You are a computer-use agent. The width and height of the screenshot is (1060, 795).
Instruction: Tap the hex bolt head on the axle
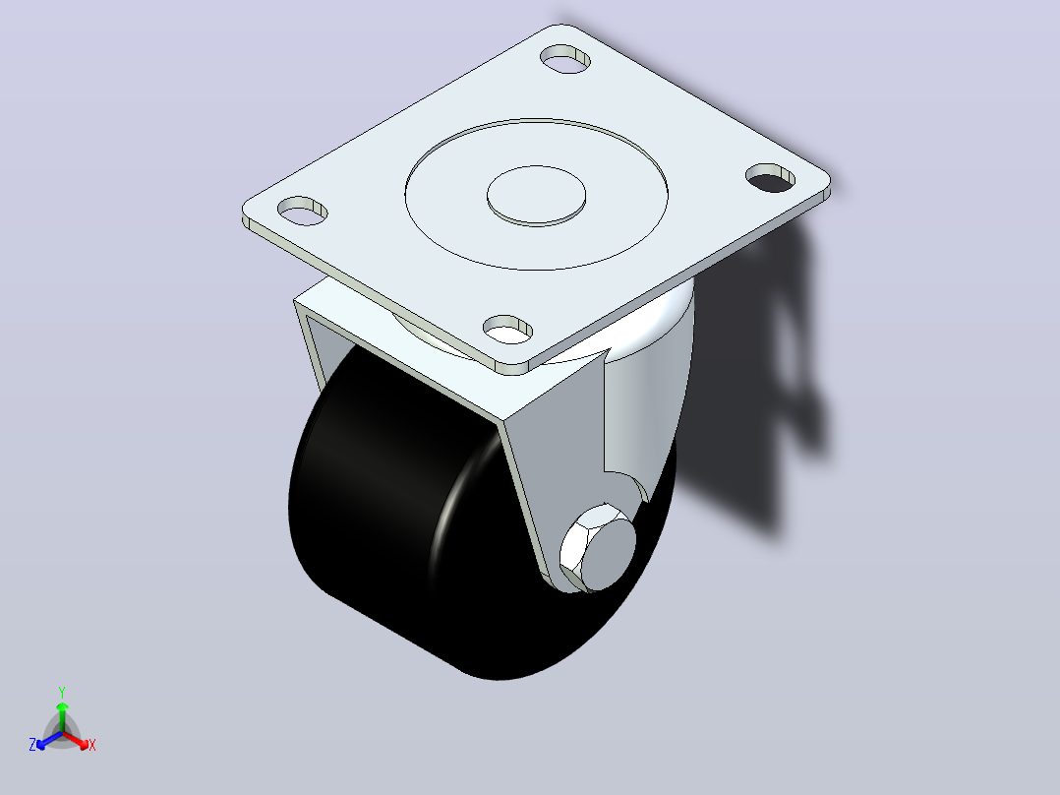(x=598, y=548)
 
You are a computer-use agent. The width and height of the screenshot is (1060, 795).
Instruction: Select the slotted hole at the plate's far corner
(x=565, y=59)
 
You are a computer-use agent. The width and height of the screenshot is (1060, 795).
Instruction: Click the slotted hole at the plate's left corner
(x=302, y=212)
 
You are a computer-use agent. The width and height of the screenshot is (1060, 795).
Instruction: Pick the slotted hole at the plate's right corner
(x=770, y=177)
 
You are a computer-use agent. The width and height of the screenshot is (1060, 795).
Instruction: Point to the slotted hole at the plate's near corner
(x=507, y=330)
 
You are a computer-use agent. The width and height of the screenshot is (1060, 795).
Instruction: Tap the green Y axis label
(x=62, y=692)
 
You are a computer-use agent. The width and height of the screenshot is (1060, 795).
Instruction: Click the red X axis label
(x=92, y=746)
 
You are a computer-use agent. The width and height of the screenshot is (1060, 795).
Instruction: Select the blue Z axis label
(x=32, y=745)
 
